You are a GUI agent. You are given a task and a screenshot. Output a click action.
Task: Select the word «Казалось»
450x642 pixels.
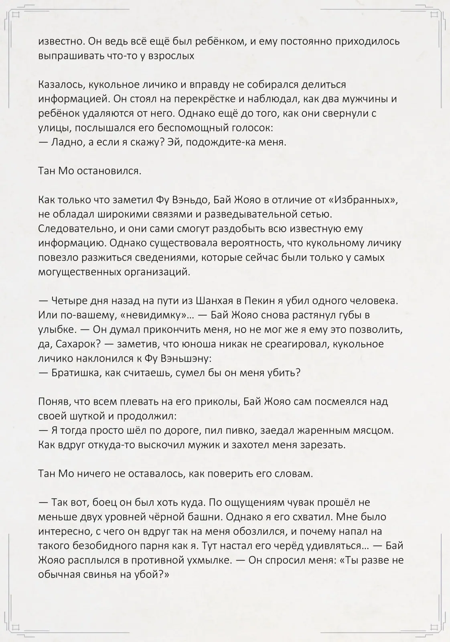pyautogui.click(x=61, y=85)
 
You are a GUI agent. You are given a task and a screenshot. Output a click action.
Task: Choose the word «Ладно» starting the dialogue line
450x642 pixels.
pyautogui.click(x=66, y=142)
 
